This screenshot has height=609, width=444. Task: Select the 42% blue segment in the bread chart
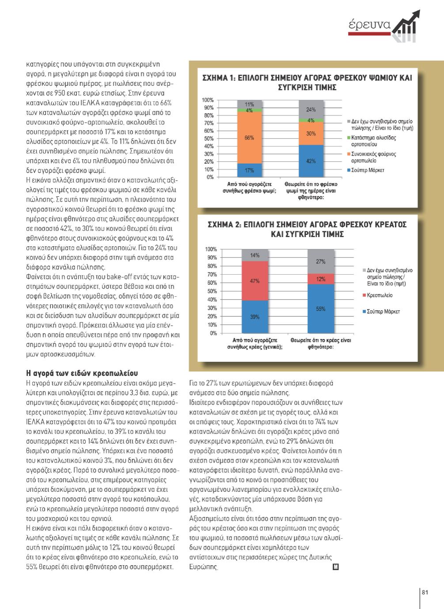[311, 161]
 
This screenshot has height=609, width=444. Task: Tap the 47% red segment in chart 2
[255, 280]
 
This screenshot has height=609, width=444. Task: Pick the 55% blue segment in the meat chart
[321, 309]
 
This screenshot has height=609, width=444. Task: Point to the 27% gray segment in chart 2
[321, 261]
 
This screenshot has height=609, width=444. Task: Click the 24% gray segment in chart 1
[311, 109]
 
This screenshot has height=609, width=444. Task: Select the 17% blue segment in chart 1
[250, 170]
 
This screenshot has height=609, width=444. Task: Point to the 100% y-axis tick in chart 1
[208, 100]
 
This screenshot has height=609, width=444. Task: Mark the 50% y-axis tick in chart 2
[211, 291]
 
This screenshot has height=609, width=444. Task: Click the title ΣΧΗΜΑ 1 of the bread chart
[307, 82]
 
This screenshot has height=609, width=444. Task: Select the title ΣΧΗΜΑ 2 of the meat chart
[307, 229]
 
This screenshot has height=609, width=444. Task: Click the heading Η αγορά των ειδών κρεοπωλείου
[82, 373]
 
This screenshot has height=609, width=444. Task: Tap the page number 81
[425, 592]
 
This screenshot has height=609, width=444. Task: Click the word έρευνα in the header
[369, 24]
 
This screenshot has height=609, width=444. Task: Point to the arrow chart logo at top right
[405, 27]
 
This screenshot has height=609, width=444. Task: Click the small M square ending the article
[336, 567]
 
